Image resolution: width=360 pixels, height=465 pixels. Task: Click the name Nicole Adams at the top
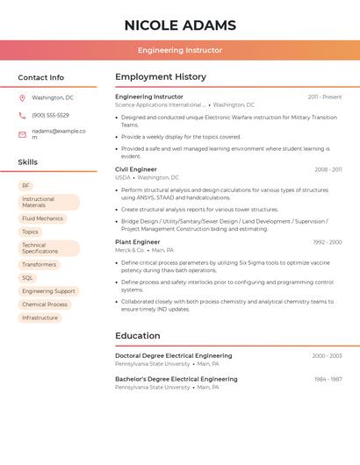(x=180, y=25)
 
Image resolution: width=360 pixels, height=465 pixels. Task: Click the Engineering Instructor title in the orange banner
(x=180, y=50)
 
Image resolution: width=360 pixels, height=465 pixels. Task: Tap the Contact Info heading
(x=40, y=77)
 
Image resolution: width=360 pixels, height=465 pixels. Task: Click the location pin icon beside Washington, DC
(x=22, y=98)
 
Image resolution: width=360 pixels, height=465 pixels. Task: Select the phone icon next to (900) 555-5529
(x=22, y=115)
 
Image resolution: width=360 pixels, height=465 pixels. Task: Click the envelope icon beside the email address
(x=22, y=134)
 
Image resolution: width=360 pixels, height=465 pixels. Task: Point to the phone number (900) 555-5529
(x=50, y=115)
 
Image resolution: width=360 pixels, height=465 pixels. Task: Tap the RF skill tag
(x=25, y=186)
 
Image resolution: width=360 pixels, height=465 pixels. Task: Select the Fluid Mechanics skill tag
(x=42, y=218)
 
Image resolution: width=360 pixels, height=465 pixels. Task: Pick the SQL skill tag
(x=27, y=278)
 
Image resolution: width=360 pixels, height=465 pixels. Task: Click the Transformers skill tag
(x=39, y=264)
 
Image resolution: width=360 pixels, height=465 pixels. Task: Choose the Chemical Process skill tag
(x=45, y=304)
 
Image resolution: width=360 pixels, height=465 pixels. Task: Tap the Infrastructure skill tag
(x=40, y=318)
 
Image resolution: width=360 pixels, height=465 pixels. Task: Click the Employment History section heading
(x=161, y=77)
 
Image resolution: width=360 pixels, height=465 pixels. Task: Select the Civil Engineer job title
(x=136, y=169)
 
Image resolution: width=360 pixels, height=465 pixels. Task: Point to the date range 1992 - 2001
(x=327, y=242)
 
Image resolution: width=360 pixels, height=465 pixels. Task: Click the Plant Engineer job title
(x=138, y=242)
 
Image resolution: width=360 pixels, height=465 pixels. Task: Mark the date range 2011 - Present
(x=325, y=97)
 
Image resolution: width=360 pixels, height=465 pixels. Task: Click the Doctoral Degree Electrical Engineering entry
(x=174, y=356)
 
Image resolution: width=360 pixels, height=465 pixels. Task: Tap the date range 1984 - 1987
(x=328, y=380)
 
